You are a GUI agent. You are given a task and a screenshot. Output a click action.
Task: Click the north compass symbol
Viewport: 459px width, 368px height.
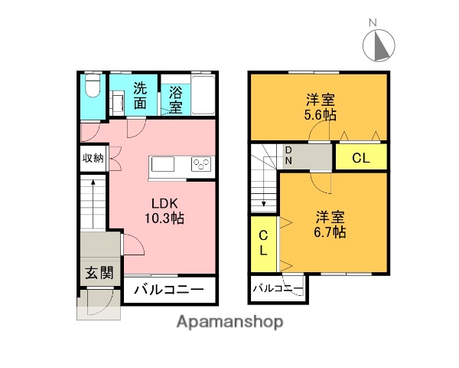coord(377,44)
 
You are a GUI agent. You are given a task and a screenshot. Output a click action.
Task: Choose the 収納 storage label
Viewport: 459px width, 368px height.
coord(93,159)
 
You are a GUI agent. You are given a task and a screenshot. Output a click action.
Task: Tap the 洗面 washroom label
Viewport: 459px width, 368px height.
coord(141,94)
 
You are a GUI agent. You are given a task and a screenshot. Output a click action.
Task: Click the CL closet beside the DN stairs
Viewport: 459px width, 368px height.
coord(361,158)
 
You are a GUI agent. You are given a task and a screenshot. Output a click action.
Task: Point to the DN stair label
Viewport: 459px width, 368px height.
coord(288,156)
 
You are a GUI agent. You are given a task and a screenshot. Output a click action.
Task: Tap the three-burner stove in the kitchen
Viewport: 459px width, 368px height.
coord(201,165)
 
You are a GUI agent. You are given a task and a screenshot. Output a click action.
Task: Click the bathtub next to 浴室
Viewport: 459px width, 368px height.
coord(202,94)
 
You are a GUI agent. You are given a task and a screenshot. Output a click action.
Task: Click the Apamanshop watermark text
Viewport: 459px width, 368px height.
coord(229,322)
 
